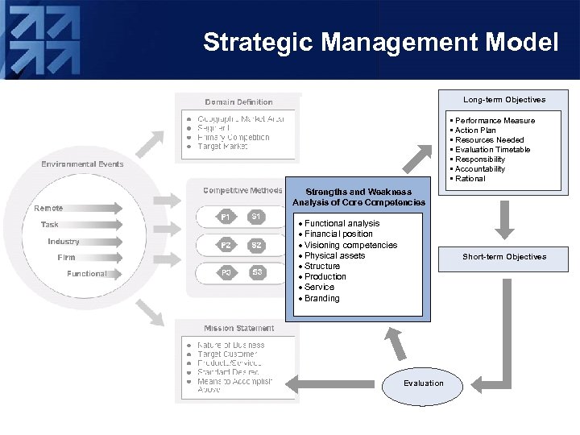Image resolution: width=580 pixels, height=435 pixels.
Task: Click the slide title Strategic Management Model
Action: tap(380, 42)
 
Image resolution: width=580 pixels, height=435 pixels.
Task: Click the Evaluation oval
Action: tap(424, 383)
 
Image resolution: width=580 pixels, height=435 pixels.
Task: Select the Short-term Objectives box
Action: tap(504, 258)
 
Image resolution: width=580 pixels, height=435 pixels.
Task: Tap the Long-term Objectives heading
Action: tap(504, 100)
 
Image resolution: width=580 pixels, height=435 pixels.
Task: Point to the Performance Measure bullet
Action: tap(495, 121)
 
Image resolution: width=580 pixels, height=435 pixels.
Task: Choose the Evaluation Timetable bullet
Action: tap(492, 150)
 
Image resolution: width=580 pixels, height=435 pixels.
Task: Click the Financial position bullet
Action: tap(338, 234)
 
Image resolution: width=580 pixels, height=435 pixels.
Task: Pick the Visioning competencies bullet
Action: tap(350, 245)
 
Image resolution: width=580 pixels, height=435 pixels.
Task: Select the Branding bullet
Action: tap(322, 298)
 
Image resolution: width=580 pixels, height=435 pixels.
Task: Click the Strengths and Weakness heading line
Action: tap(358, 192)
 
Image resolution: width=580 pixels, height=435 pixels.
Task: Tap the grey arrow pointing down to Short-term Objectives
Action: tap(504, 220)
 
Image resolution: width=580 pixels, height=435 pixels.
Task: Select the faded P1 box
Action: tap(226, 217)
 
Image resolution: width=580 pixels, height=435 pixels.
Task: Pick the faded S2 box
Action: tap(257, 245)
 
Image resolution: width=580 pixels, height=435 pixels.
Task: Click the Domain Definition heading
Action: tap(238, 102)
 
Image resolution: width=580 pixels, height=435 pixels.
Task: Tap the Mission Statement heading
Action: tap(238, 329)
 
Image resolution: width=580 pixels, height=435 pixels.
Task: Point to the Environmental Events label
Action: tap(83, 164)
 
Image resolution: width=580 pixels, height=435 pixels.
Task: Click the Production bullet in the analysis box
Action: tap(325, 276)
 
